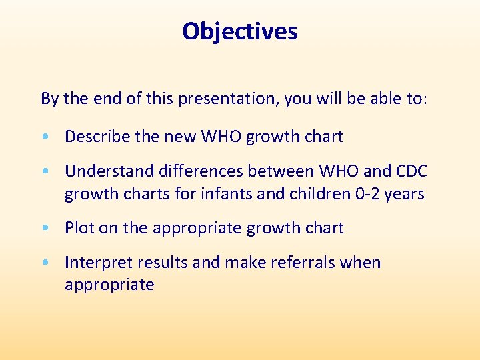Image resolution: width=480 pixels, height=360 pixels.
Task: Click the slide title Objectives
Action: [x=240, y=31]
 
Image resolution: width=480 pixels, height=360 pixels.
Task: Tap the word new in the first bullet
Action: [x=178, y=137]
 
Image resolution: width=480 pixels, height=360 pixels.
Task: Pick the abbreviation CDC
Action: [x=411, y=171]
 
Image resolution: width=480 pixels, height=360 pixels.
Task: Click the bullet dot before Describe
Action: [x=44, y=137]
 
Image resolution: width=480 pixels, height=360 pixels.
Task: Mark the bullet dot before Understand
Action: [x=44, y=172]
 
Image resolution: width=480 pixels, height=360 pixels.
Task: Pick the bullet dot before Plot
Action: [x=44, y=228]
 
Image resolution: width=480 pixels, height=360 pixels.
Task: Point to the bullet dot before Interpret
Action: [x=44, y=263]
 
